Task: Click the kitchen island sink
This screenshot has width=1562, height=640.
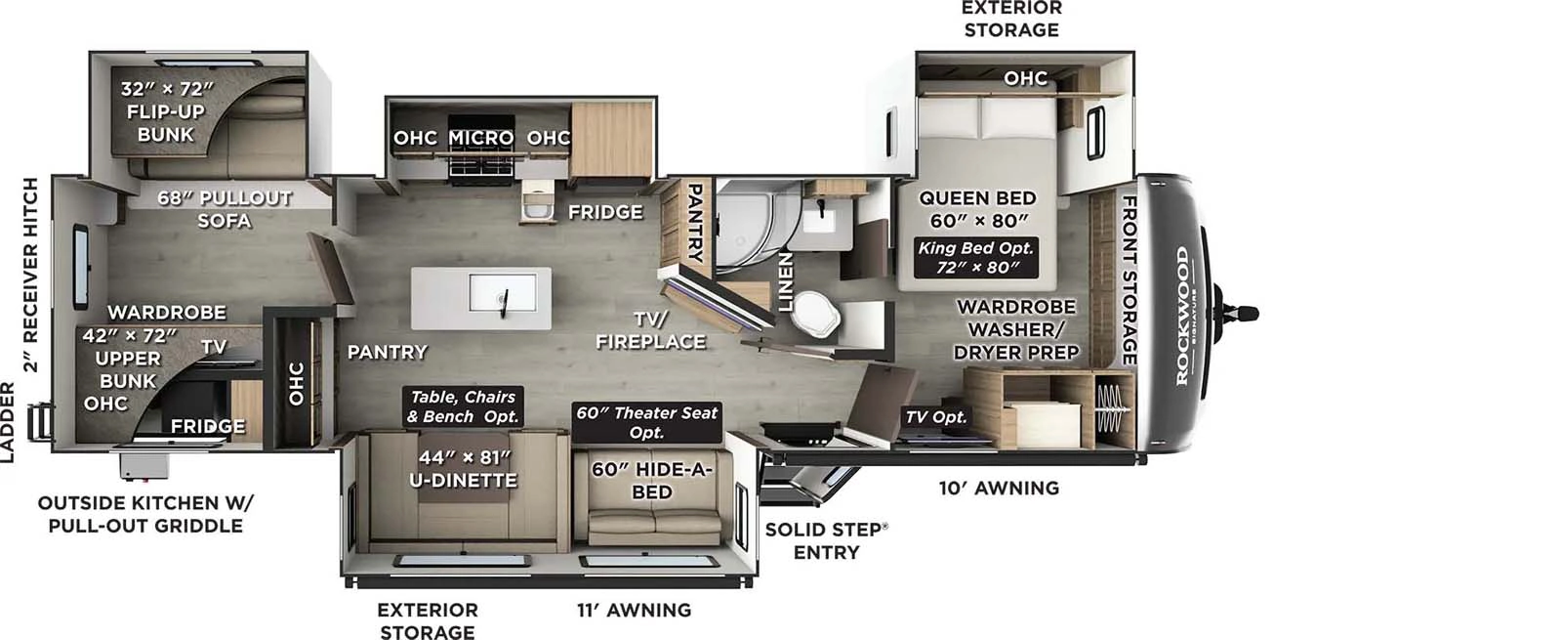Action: click(x=503, y=293)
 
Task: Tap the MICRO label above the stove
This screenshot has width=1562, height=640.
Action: click(x=480, y=138)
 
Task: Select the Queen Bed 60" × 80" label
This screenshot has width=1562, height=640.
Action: click(x=976, y=209)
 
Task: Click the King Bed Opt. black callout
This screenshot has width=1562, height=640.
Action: click(x=975, y=257)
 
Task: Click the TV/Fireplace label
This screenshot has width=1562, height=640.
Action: click(x=650, y=330)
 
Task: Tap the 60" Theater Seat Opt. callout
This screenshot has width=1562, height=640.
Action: click(x=646, y=422)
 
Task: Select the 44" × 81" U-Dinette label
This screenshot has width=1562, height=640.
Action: click(x=463, y=468)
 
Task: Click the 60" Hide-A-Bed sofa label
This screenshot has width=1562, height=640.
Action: click(x=651, y=480)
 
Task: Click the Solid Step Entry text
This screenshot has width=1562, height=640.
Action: click(x=826, y=540)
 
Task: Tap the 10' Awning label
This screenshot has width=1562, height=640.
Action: click(x=999, y=488)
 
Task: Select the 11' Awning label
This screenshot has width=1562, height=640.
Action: click(x=634, y=611)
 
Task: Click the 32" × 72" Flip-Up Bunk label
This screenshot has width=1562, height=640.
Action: click(x=166, y=111)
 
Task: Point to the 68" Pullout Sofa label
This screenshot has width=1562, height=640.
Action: click(x=225, y=208)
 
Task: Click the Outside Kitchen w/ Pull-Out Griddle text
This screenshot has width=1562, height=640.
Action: click(x=144, y=514)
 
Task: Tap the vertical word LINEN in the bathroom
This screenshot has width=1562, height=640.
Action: click(x=786, y=281)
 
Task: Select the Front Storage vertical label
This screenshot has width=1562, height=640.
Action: click(x=1129, y=279)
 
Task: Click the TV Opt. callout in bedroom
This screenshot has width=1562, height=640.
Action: click(x=935, y=417)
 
